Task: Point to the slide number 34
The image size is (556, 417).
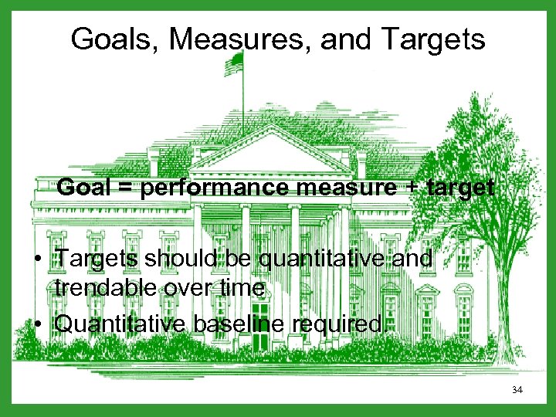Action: coord(517,391)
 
